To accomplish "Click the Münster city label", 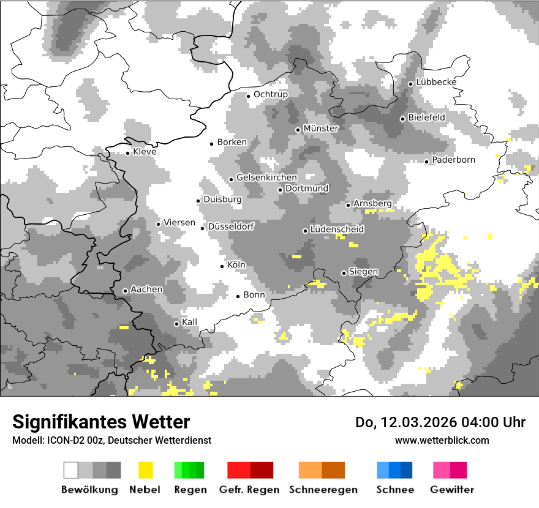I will pyautogui.click(x=321, y=129).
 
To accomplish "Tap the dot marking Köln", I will pyautogui.click(x=222, y=266).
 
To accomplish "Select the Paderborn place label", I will pyautogui.click(x=453, y=160).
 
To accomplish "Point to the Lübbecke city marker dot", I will pyautogui.click(x=410, y=84).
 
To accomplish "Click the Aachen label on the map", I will pyautogui.click(x=146, y=289).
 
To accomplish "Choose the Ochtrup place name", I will pyautogui.click(x=270, y=94).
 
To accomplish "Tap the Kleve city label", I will pyautogui.click(x=145, y=152).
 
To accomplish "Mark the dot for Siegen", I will pyautogui.click(x=344, y=273).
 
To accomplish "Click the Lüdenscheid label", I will pyautogui.click(x=337, y=230).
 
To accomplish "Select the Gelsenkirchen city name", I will pyautogui.click(x=266, y=177).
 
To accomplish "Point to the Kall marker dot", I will pyautogui.click(x=176, y=324).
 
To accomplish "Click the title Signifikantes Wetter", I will pyautogui.click(x=101, y=422).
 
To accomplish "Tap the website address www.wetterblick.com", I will pyautogui.click(x=442, y=441).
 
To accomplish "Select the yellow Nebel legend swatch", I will pyautogui.click(x=145, y=470).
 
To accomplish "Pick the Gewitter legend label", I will pyautogui.click(x=451, y=490).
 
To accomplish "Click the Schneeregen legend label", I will pyautogui.click(x=323, y=490).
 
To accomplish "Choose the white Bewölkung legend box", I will pyautogui.click(x=71, y=470).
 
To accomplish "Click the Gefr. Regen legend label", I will pyautogui.click(x=249, y=490).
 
